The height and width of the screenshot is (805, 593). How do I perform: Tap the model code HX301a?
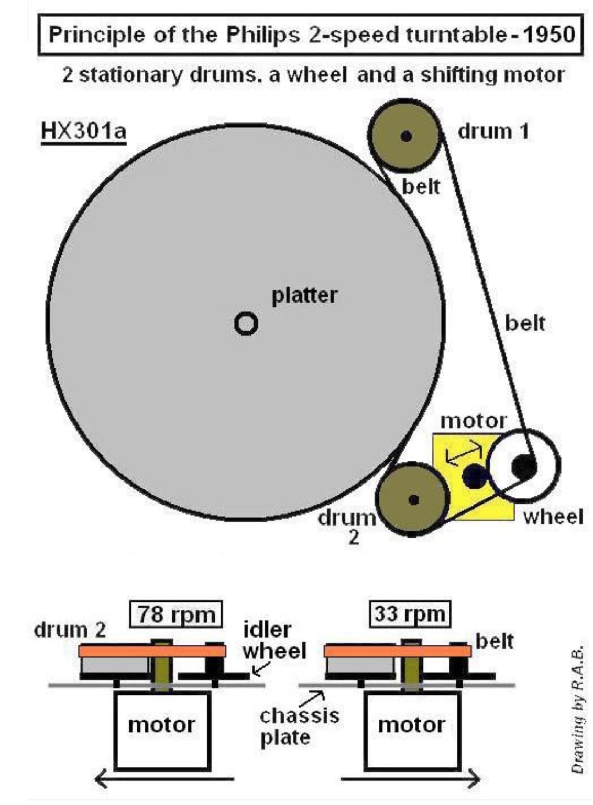[x=83, y=131]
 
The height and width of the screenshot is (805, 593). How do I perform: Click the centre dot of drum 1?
[x=405, y=137]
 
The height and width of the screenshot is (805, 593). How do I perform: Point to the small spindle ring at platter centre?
[x=246, y=323]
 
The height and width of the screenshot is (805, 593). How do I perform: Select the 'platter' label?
[x=304, y=296]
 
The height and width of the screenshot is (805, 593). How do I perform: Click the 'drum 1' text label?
[x=493, y=131]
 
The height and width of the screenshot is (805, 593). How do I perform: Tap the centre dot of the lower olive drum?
[x=414, y=500]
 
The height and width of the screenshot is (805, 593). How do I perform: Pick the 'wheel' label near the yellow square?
[x=553, y=517]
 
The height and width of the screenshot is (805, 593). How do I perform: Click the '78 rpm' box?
[x=176, y=614]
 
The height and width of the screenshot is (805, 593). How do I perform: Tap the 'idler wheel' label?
[x=273, y=641]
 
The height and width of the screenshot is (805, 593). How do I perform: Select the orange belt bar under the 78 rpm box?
[x=152, y=651]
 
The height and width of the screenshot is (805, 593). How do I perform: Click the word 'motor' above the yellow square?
[x=474, y=421]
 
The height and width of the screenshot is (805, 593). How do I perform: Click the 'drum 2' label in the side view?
[x=70, y=630]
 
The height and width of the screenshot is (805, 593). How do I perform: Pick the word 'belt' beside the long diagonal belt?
[x=524, y=323]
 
